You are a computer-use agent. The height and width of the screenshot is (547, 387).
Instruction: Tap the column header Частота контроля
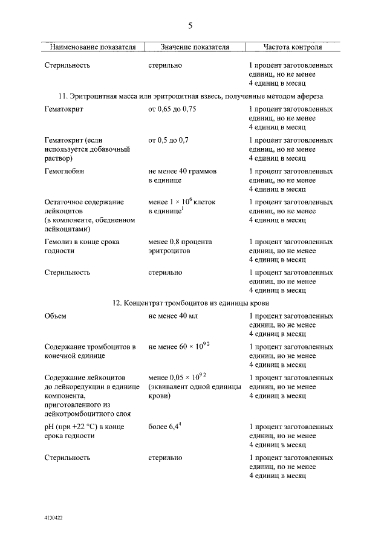[x=293, y=47]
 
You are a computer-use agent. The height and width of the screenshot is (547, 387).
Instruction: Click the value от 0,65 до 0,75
[x=172, y=109]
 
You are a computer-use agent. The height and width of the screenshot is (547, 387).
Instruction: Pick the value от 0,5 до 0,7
[x=168, y=140]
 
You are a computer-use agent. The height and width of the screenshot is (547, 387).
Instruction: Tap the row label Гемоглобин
[x=64, y=171]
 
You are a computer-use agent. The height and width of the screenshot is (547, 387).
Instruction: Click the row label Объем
[x=56, y=316]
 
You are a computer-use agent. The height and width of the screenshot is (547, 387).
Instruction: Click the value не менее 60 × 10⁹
[x=178, y=346]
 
